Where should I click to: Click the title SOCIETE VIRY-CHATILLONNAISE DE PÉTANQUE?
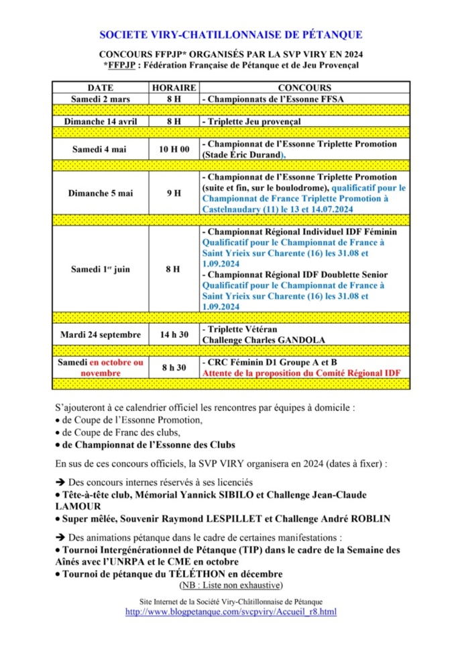click(231, 34)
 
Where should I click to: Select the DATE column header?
click(99, 87)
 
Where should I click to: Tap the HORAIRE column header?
click(174, 87)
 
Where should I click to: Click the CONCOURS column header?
click(304, 87)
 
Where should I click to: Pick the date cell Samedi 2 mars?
click(99, 99)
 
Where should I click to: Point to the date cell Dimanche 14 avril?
click(99, 122)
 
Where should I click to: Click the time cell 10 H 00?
click(174, 149)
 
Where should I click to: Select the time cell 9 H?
click(174, 193)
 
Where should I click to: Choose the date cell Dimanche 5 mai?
click(99, 193)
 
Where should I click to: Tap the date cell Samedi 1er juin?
click(99, 269)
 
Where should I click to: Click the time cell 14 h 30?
click(174, 334)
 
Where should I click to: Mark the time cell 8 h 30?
click(174, 367)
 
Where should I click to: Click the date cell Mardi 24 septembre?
click(99, 334)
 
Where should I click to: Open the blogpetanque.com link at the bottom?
click(231, 612)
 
